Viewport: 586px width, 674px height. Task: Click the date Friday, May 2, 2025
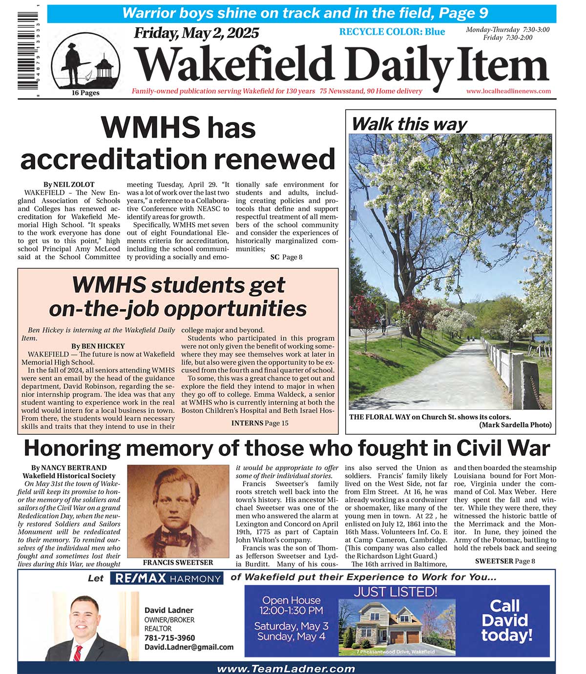tap(196, 33)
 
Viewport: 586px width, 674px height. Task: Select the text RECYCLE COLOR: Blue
tap(392, 32)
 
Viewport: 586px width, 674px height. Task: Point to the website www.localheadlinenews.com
tap(508, 91)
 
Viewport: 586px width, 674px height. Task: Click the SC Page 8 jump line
tap(286, 257)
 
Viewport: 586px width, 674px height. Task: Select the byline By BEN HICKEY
tap(98, 346)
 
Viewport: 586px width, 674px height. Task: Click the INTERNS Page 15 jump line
tap(260, 423)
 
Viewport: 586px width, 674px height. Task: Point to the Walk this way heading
tap(409, 124)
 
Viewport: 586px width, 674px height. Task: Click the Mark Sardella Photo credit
tap(515, 425)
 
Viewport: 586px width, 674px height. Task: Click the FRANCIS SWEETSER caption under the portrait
tap(178, 562)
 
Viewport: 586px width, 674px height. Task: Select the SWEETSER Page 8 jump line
tap(505, 561)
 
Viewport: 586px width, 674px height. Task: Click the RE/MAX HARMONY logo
tap(167, 578)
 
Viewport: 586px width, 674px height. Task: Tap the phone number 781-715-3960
tap(169, 638)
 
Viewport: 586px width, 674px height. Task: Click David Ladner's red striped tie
tap(77, 652)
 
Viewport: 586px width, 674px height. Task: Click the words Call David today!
tap(506, 620)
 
